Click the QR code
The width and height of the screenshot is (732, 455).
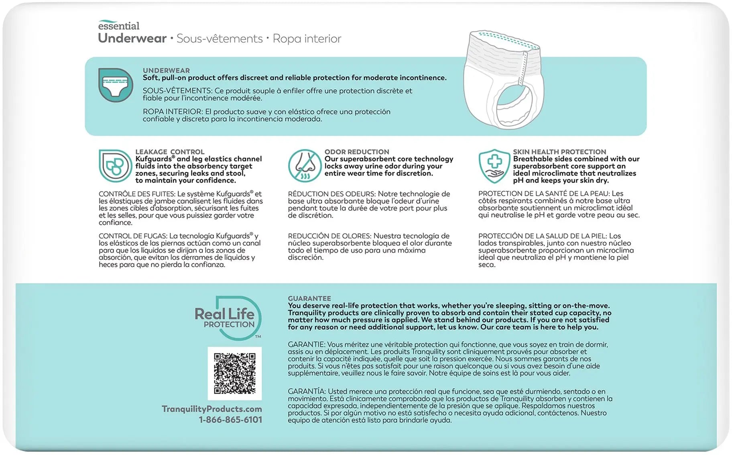[234, 373]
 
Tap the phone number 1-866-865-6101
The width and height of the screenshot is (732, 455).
[230, 420]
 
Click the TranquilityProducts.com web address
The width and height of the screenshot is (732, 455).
[211, 409]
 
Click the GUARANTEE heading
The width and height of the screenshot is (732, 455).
[309, 298]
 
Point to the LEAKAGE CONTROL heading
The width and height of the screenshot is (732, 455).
[170, 152]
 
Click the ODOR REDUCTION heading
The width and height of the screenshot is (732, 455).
[356, 152]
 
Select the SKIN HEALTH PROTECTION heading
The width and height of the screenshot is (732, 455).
[559, 152]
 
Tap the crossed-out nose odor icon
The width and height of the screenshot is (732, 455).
[305, 165]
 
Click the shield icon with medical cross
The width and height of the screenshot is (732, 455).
[494, 165]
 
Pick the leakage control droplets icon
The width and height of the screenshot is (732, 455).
[115, 165]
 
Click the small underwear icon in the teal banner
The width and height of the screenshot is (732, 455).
[116, 85]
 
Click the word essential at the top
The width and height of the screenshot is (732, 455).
[119, 26]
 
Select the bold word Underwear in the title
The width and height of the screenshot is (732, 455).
[132, 38]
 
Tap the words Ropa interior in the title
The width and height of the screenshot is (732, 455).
[307, 39]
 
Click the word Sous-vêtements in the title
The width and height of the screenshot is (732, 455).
[220, 39]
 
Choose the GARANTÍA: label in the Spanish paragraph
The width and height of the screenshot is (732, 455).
[306, 391]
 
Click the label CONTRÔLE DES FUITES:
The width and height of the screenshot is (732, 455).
[137, 194]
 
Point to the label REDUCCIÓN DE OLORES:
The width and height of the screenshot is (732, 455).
[329, 236]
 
